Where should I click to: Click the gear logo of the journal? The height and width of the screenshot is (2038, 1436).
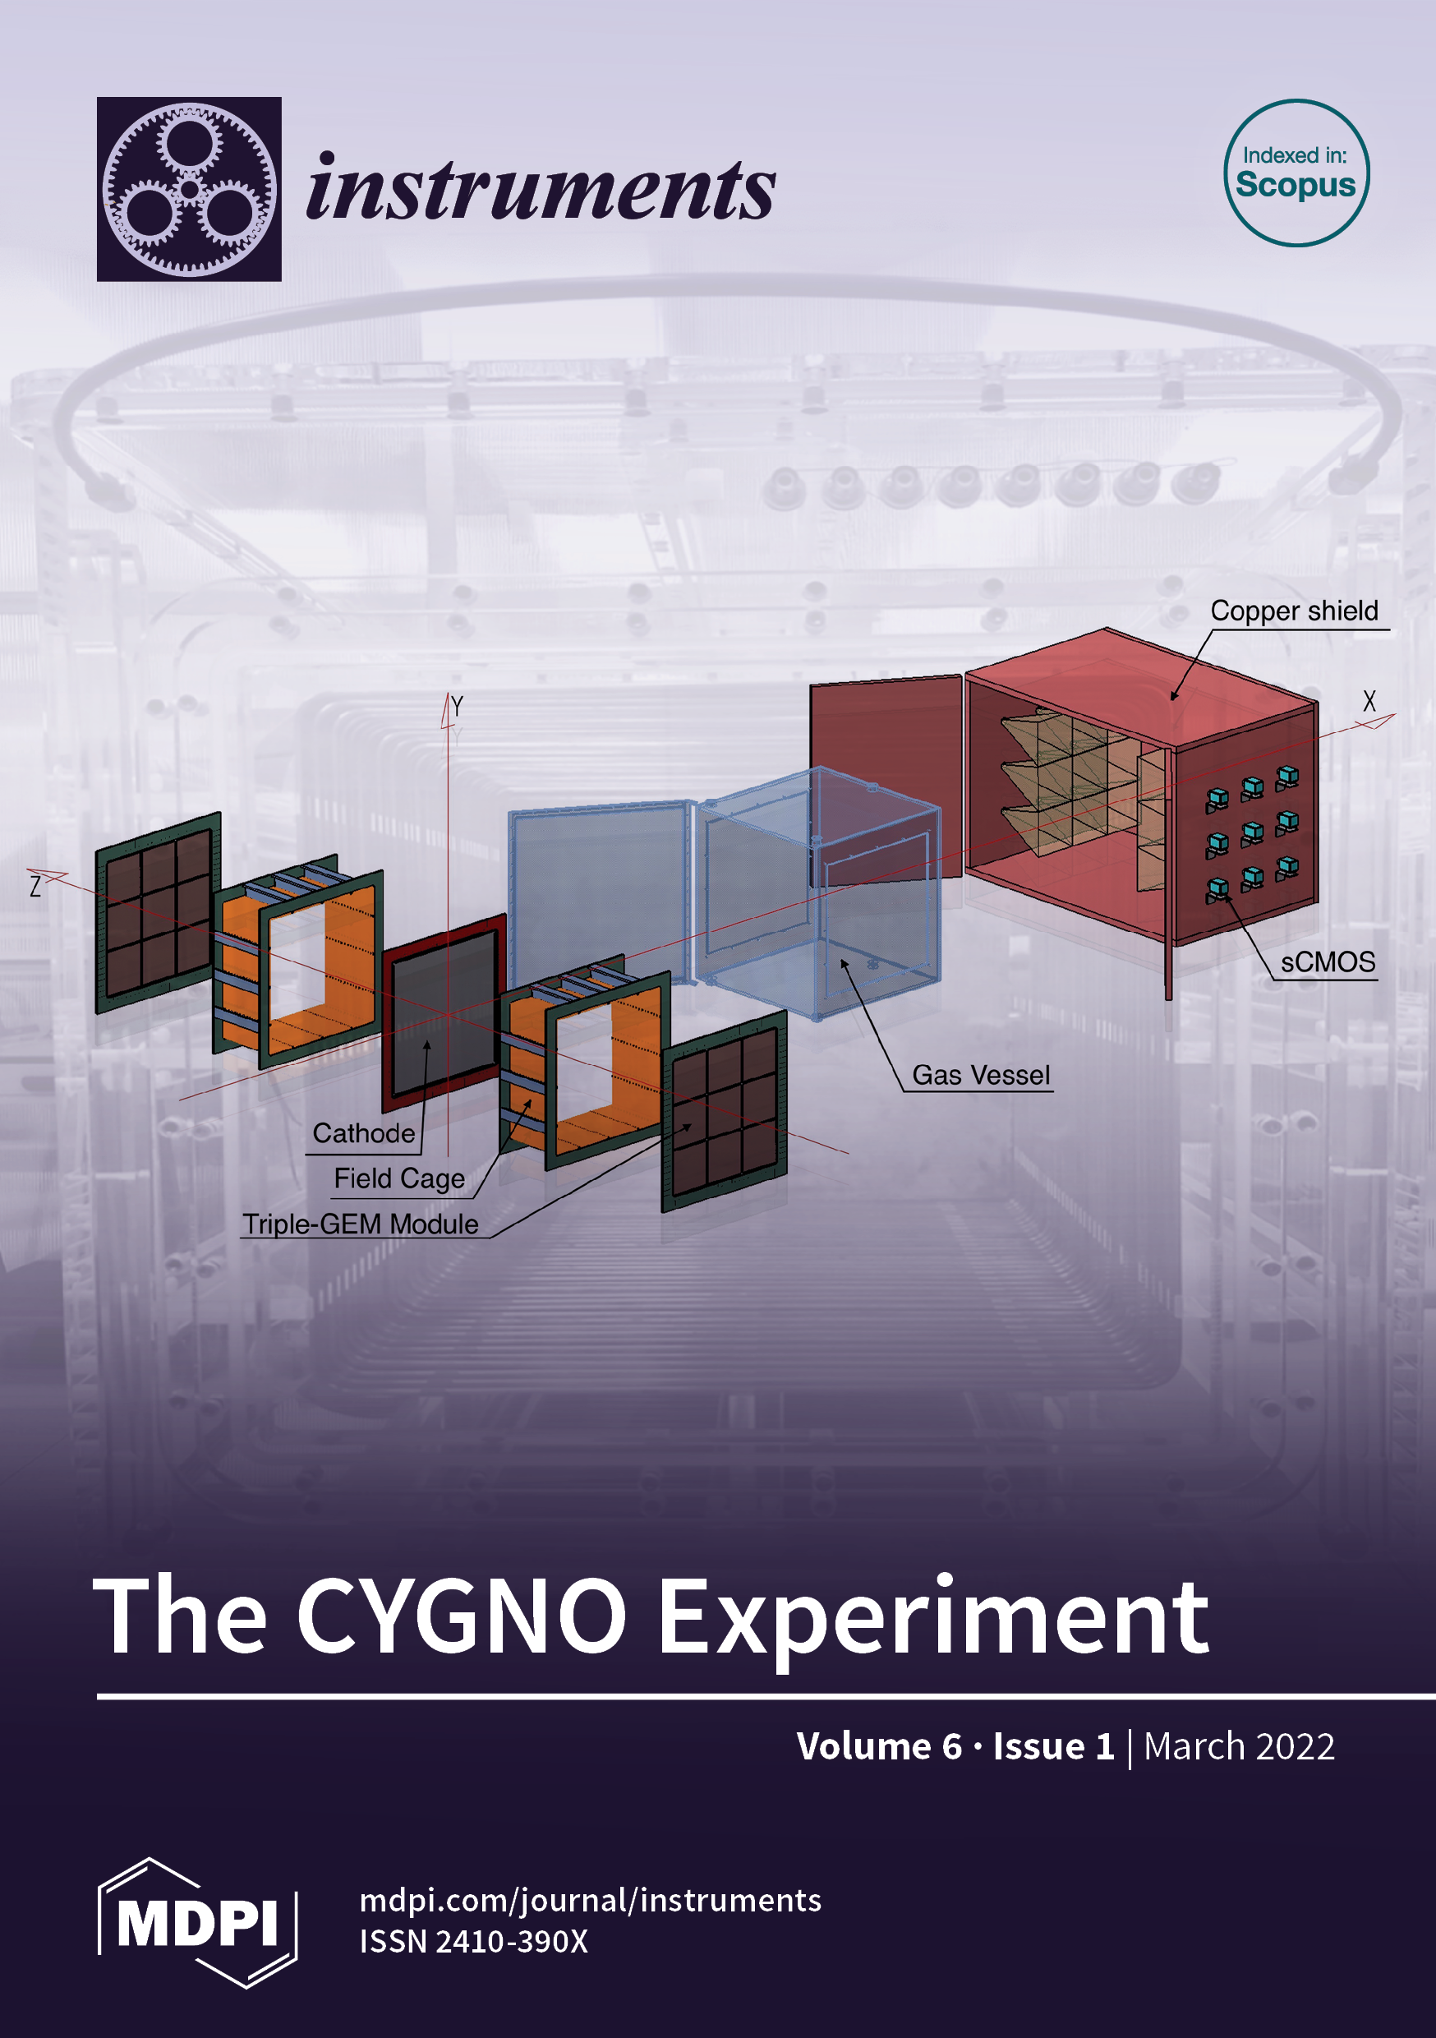[x=189, y=189]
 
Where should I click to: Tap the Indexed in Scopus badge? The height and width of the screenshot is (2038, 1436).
[x=1296, y=173]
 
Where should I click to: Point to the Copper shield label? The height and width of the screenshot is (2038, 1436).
[x=1294, y=611]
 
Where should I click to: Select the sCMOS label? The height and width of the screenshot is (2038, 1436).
[x=1328, y=962]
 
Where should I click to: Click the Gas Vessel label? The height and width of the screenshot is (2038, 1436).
[x=981, y=1075]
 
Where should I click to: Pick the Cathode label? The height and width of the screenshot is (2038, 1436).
[x=364, y=1133]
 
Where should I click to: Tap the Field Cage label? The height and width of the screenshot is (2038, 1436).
[x=399, y=1178]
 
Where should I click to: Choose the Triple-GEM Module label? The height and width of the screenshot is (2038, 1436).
[x=361, y=1224]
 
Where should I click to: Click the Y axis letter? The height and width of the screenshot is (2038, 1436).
[x=457, y=707]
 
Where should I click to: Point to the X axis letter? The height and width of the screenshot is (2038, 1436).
[x=1369, y=701]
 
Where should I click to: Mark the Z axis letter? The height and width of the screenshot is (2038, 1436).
[x=35, y=886]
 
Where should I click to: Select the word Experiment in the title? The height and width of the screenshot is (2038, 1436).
[x=932, y=1621]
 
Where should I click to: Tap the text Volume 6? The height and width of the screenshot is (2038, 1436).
[x=879, y=1746]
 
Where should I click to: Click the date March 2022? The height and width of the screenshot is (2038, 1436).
[x=1239, y=1746]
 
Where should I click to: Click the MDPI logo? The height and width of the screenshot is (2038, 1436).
[x=197, y=1923]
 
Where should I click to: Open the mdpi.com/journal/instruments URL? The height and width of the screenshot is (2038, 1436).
[x=590, y=1901]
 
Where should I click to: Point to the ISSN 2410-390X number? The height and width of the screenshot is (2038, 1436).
[x=473, y=1942]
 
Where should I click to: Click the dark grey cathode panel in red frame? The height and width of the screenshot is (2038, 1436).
[x=444, y=1012]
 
